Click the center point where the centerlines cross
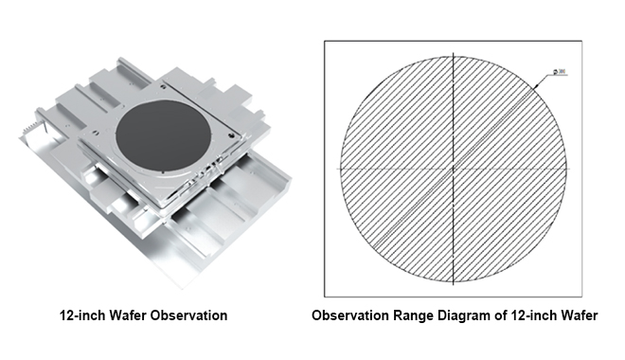click(455, 169)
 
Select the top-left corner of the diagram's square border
click(325, 41)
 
